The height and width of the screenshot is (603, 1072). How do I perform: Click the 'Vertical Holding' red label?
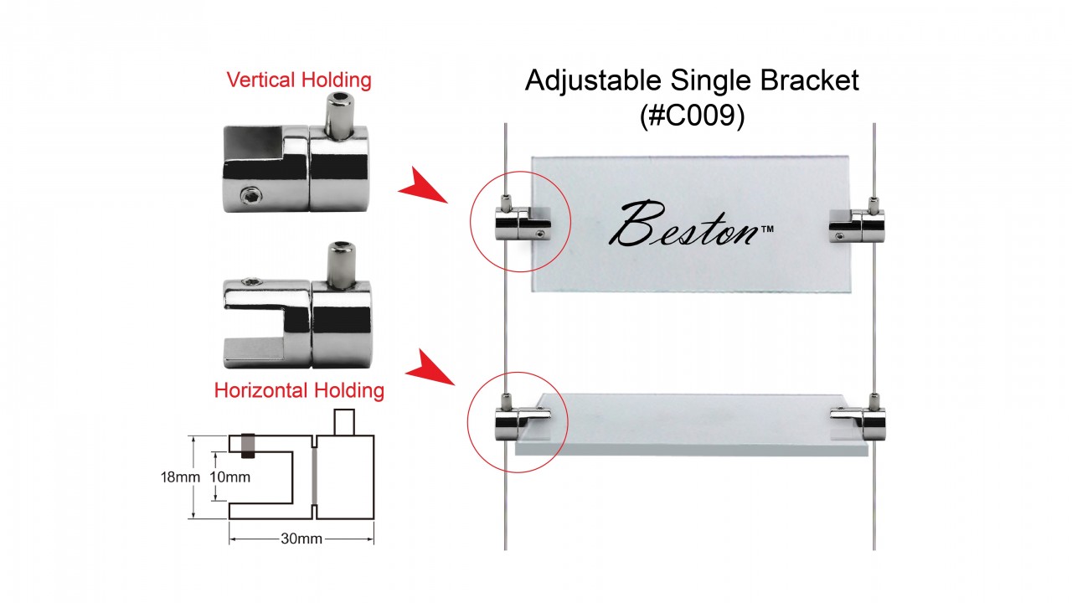tap(299, 80)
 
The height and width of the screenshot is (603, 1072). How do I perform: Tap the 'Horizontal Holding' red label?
tap(299, 390)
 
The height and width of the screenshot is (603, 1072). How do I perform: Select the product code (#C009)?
tap(692, 116)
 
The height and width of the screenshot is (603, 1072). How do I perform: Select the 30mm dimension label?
tap(302, 539)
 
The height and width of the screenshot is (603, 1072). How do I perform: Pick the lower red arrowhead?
tap(428, 369)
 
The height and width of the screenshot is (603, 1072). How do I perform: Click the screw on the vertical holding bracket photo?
tap(249, 195)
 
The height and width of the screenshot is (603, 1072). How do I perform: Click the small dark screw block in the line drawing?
tap(248, 445)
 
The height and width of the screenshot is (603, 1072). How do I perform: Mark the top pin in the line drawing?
tap(344, 421)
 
